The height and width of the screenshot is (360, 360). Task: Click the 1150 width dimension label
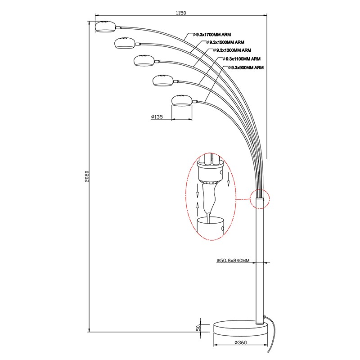(181, 13)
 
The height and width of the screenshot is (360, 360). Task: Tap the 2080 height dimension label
(86, 176)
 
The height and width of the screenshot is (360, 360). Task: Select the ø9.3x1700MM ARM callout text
(212, 35)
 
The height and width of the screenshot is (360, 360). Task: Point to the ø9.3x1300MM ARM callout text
(232, 50)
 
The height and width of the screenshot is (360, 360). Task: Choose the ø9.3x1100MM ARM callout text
(242, 59)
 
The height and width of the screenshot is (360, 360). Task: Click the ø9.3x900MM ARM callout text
(246, 68)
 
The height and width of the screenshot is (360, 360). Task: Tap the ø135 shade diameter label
(157, 117)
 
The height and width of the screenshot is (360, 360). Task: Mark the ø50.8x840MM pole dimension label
(233, 261)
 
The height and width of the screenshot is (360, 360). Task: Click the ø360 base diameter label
(241, 342)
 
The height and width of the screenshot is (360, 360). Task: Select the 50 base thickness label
(198, 328)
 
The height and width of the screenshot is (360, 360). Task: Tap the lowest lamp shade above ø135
(182, 100)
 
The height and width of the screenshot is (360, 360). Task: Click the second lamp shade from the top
(124, 43)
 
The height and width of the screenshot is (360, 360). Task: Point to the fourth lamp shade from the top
(163, 81)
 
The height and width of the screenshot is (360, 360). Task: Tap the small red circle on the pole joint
(260, 199)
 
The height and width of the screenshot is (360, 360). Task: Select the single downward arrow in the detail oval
(229, 180)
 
